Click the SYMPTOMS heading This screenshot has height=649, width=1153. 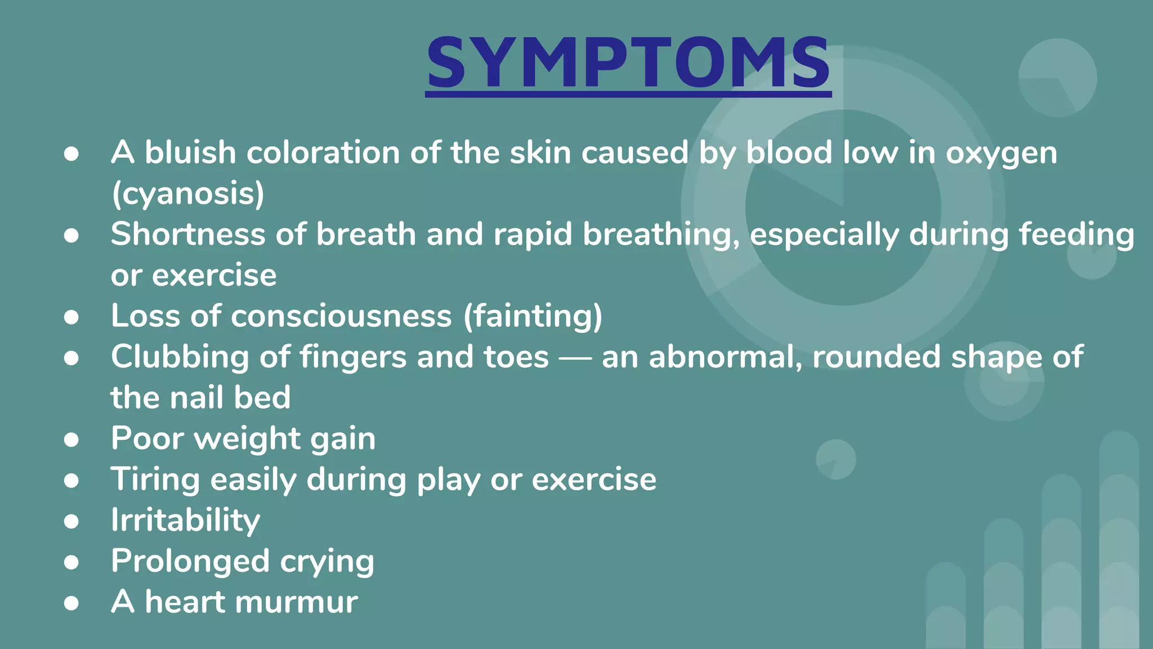[x=628, y=63]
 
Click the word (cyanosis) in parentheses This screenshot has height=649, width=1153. [x=187, y=194]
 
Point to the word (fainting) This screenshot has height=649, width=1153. [x=533, y=316]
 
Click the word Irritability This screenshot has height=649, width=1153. [x=185, y=520]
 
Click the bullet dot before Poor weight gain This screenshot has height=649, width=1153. [x=71, y=439]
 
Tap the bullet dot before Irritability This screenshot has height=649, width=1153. [x=71, y=521]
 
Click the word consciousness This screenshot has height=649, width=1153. [x=341, y=316]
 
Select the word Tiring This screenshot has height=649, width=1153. [x=155, y=480]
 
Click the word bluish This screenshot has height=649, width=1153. [x=190, y=153]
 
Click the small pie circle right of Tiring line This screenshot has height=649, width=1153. [x=835, y=459]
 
